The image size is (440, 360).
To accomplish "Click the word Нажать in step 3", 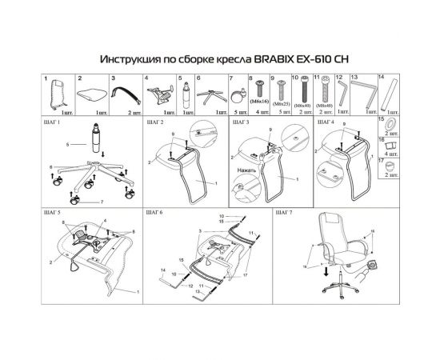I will click(247, 170).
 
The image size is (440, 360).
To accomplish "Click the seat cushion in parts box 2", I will click(93, 94).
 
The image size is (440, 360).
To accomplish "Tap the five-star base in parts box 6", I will click(210, 97).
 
